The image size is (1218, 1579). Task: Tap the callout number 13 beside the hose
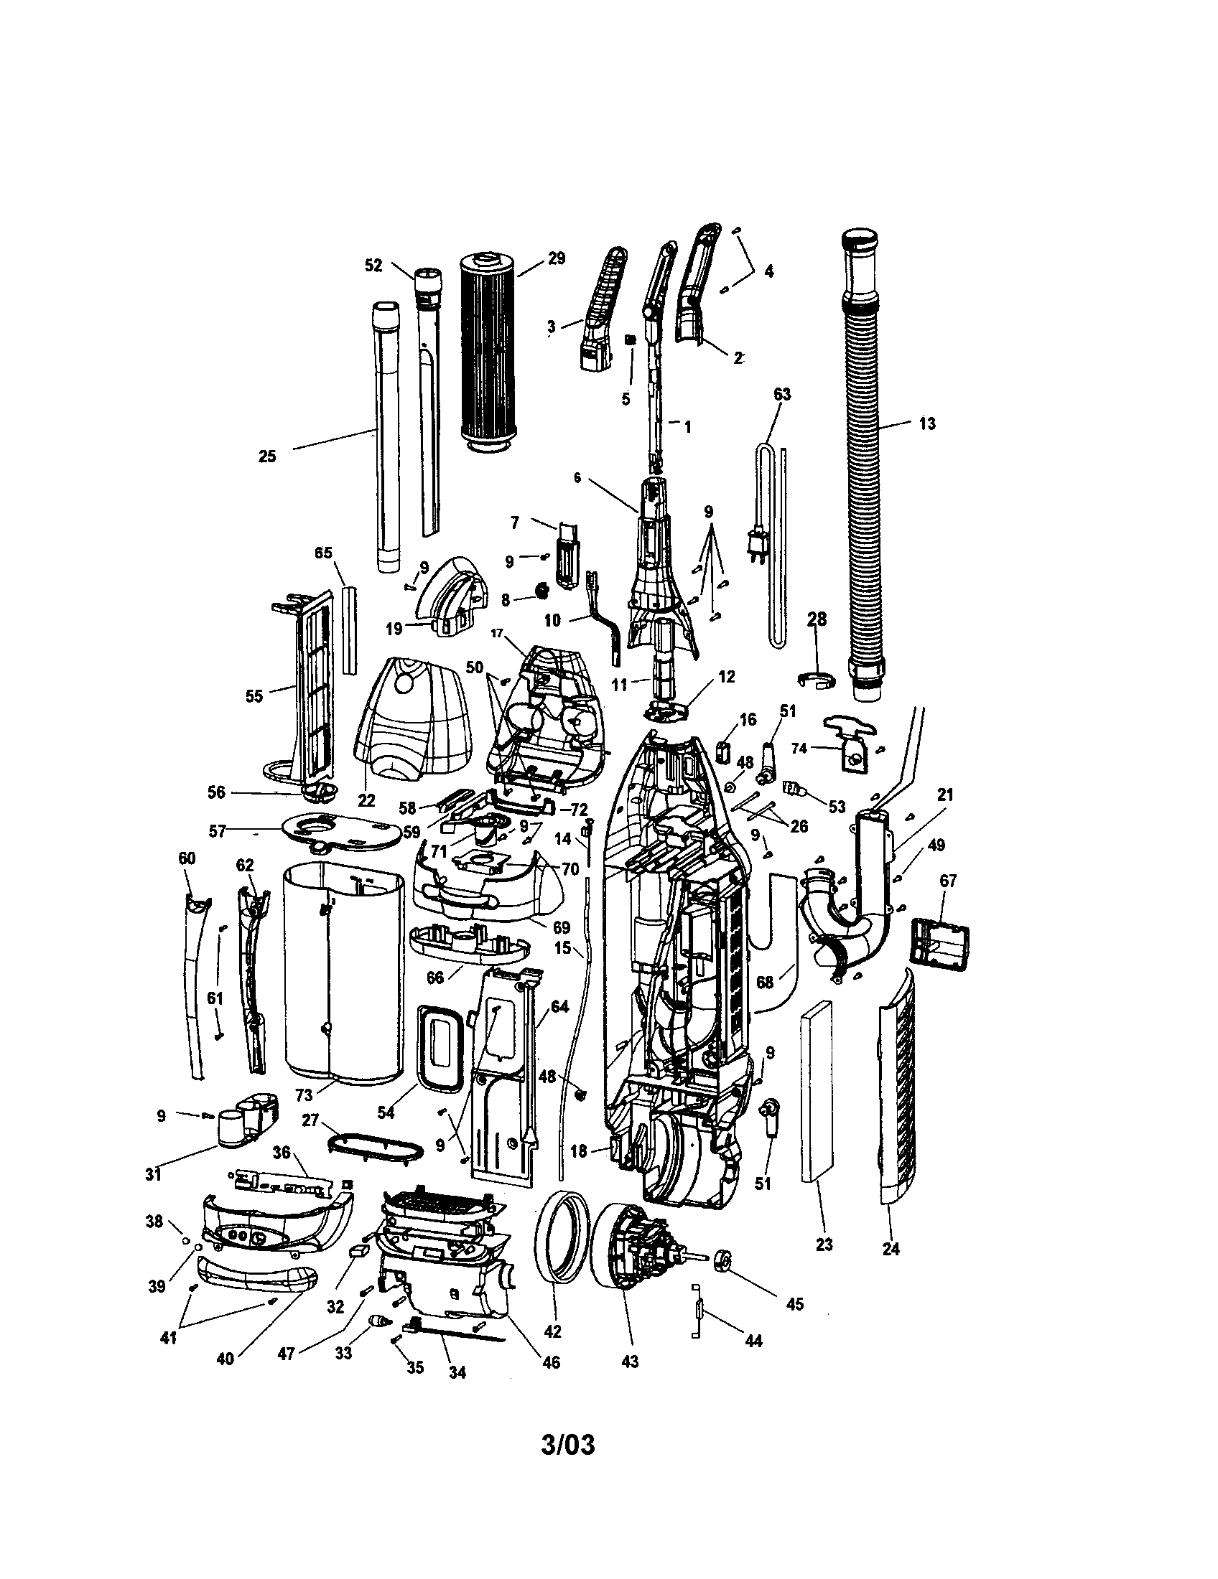[x=926, y=424]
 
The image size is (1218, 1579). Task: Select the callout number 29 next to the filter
[x=555, y=259]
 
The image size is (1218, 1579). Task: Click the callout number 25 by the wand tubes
[x=267, y=456]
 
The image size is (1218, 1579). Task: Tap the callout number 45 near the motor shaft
[x=794, y=1304]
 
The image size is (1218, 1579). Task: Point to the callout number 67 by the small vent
[x=947, y=881]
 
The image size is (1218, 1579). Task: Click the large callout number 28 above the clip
[x=816, y=619]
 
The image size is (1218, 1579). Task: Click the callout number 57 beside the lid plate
[x=217, y=831]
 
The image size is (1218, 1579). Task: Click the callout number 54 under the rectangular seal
[x=386, y=1112]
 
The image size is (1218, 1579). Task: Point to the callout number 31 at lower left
[x=153, y=1174]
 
